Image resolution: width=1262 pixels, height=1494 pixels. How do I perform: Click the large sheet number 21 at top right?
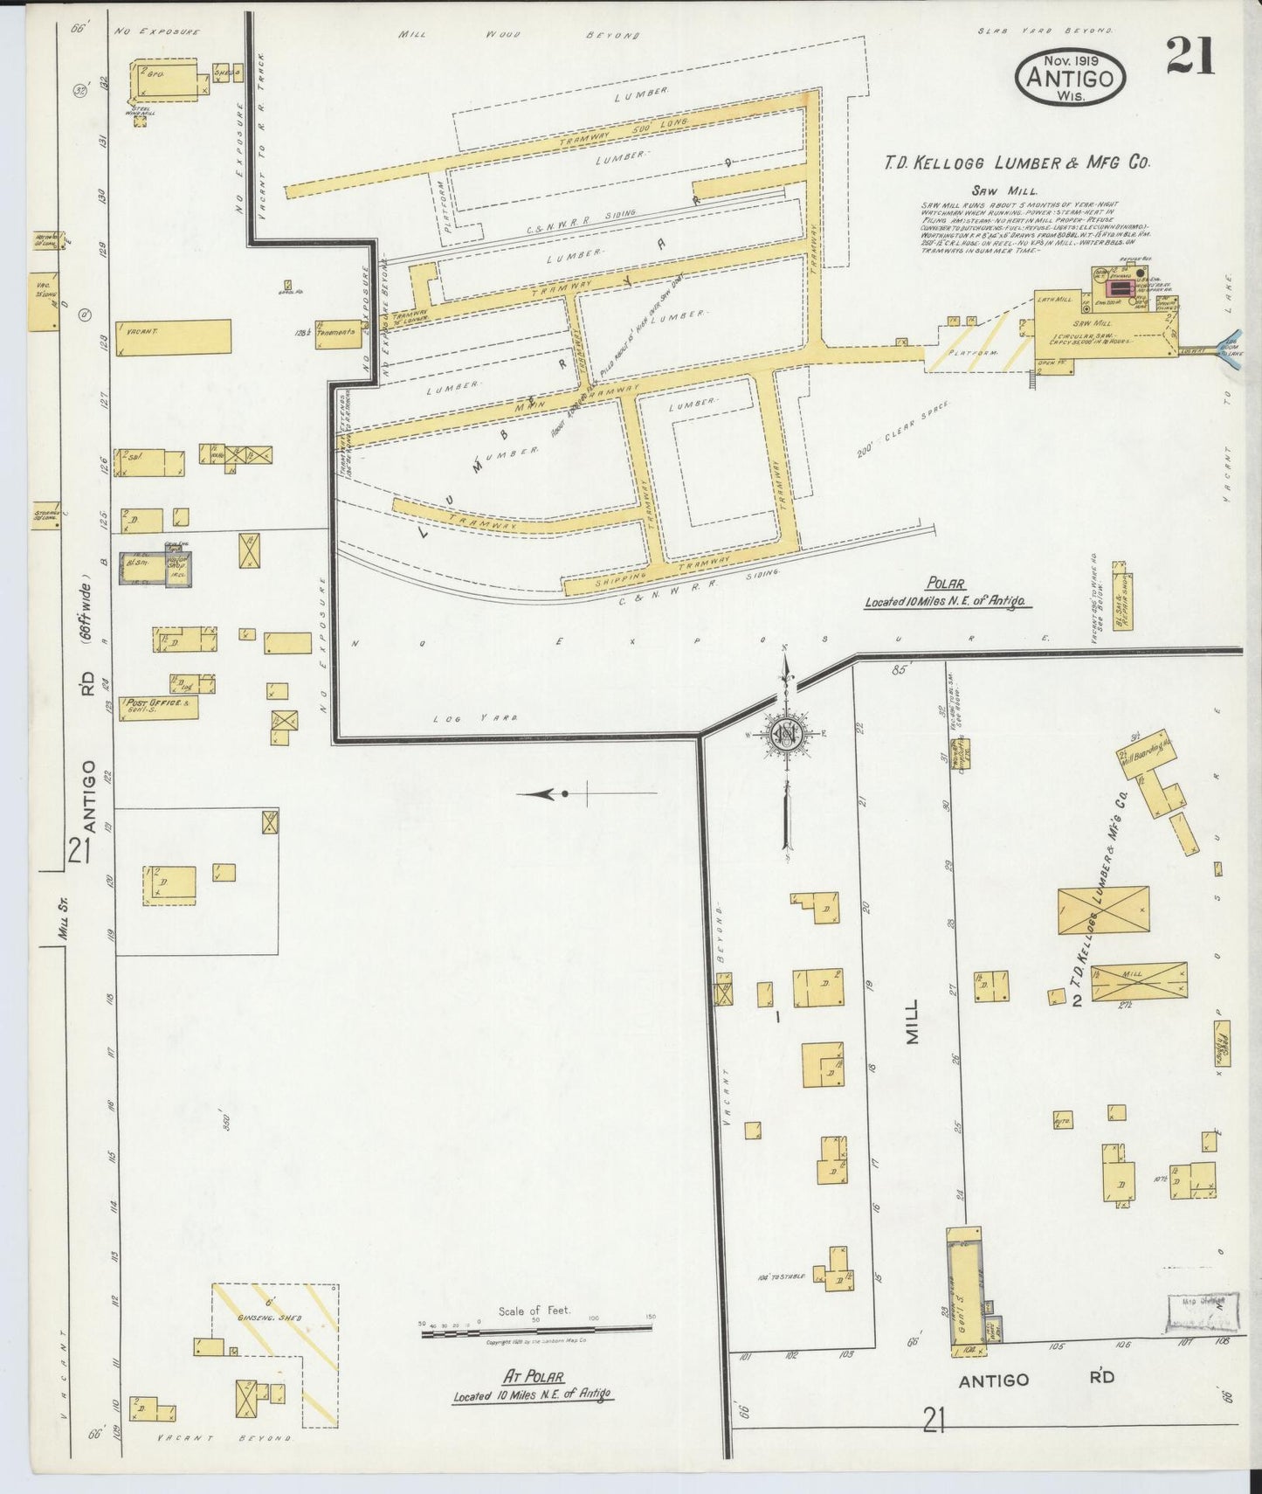pos(1189,58)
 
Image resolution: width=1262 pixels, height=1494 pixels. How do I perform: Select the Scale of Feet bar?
pos(535,1326)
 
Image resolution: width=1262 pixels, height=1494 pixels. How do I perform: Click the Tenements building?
pos(338,333)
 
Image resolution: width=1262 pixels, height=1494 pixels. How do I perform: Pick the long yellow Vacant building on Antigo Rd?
pos(175,335)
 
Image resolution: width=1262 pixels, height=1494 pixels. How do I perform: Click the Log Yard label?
pos(475,718)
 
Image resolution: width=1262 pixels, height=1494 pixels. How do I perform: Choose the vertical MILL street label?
pos(913,1023)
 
